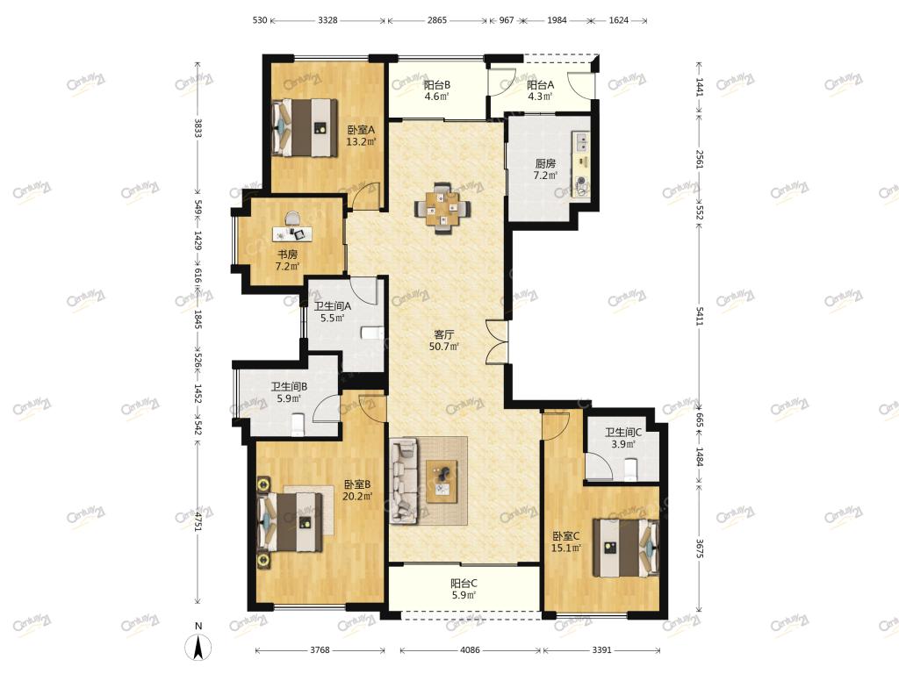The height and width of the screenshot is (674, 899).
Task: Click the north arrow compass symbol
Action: (198, 648)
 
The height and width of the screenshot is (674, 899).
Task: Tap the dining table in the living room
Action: (442, 208)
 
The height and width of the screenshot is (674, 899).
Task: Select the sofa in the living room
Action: (403, 481)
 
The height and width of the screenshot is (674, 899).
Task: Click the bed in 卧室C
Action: (625, 548)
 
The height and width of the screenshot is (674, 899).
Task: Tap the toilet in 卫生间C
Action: (631, 470)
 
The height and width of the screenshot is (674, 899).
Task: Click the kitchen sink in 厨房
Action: (581, 141)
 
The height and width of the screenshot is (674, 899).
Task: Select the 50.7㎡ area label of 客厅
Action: (443, 347)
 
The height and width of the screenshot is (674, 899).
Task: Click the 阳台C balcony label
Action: (464, 584)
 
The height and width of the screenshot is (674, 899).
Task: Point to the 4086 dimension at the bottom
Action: (470, 650)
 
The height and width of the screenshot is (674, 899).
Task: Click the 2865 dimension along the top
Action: (437, 20)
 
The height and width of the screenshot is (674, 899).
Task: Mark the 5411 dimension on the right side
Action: (700, 316)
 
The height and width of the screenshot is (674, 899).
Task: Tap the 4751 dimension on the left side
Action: (198, 521)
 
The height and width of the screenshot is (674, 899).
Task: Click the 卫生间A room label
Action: (333, 306)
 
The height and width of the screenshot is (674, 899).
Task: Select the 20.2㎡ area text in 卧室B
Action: (357, 497)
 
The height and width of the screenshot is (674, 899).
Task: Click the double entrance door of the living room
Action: (497, 341)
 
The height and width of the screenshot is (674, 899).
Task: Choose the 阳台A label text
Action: (540, 85)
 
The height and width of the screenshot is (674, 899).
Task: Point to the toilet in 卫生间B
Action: (298, 424)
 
